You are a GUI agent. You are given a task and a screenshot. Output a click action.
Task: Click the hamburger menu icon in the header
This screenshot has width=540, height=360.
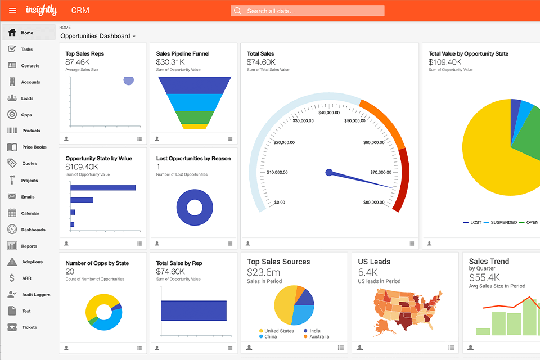(12, 11)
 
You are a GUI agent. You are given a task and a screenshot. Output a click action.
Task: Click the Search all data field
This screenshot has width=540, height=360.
(308, 11)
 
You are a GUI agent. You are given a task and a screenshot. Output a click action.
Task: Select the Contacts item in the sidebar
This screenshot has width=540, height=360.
(30, 66)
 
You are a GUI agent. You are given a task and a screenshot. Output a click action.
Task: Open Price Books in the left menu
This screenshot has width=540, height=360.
(34, 147)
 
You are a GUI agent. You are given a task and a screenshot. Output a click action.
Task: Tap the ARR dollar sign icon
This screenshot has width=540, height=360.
(12, 278)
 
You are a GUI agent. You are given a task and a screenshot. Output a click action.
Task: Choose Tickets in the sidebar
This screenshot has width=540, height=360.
(29, 327)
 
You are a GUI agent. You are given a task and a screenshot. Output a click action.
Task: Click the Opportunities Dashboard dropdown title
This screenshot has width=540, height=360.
(98, 36)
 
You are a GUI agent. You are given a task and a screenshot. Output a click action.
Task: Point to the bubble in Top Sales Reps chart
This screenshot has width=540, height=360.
(129, 80)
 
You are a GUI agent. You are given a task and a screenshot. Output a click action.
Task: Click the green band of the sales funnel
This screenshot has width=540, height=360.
(195, 117)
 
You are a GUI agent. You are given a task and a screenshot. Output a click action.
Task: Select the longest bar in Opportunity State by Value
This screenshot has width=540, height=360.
(103, 188)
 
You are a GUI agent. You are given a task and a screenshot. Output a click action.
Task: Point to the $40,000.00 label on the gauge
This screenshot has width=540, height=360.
(329, 112)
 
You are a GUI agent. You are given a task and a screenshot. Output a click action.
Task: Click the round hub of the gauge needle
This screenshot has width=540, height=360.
(329, 173)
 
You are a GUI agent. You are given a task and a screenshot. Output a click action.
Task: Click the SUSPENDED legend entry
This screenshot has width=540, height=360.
(503, 223)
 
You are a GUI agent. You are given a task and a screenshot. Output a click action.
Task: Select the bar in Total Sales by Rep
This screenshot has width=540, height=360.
(194, 310)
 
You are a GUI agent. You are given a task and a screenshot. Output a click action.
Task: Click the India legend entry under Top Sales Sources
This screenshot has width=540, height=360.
(314, 331)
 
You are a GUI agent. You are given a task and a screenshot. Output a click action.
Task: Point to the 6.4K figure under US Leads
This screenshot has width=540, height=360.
(368, 272)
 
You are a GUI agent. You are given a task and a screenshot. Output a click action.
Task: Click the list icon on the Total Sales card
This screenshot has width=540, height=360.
(412, 244)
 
